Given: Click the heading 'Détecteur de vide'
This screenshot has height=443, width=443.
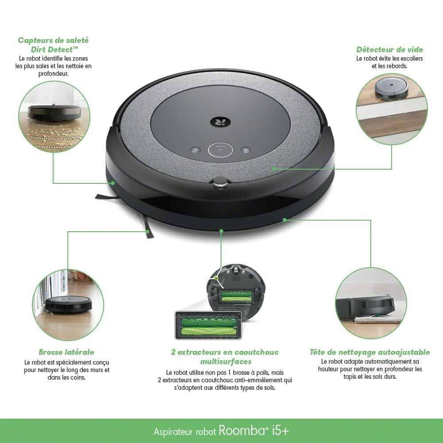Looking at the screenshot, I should tap(389, 50).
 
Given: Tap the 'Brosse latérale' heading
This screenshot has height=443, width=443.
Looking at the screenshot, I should tap(66, 352).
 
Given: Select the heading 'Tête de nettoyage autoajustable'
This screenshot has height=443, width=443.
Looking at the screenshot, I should tap(369, 352).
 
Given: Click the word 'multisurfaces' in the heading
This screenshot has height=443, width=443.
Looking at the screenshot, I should tap(225, 361).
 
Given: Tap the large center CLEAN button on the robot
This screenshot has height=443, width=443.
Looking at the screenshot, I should tap(220, 150).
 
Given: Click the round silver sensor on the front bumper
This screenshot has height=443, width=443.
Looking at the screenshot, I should tap(220, 183).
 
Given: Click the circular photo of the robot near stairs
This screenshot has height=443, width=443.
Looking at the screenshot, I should tap(392, 109).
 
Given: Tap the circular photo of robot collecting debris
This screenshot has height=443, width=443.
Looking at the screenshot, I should tap(54, 117).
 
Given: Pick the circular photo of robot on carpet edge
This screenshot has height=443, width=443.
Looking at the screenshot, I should tap(370, 303).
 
